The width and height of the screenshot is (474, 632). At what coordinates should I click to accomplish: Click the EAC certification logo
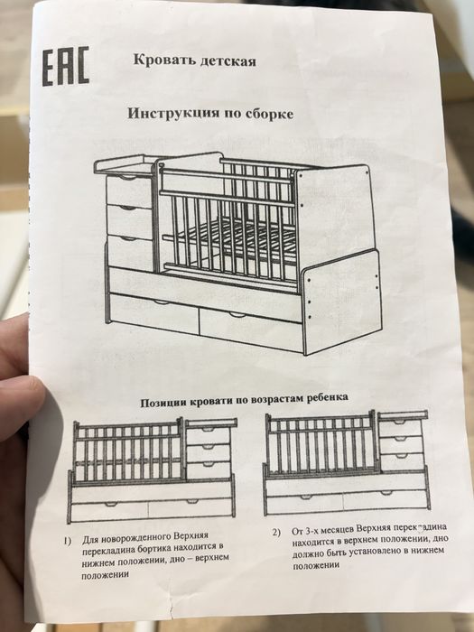pos(66,66)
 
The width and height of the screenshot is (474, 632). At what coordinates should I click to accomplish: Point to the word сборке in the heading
pos(268,114)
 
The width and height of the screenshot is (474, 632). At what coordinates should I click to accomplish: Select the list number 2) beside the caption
pos(276,532)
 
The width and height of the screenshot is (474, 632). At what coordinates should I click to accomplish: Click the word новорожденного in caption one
pos(137,538)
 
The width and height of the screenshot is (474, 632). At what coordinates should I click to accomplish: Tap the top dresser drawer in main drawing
pos(130,189)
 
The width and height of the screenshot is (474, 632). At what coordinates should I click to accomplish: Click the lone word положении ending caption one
pos(106,575)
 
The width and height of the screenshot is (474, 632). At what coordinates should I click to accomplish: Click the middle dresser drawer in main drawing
pos(130,220)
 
